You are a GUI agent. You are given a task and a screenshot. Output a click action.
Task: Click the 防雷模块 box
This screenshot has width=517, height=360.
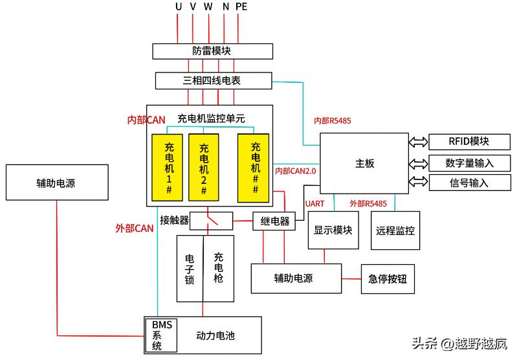tap(212, 51)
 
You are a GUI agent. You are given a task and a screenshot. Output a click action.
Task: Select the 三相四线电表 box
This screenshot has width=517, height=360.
tap(213, 81)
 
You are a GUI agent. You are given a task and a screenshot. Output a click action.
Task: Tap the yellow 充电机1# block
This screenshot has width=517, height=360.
tap(168, 167)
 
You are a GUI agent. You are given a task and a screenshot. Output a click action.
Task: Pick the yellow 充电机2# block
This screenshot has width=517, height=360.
tap(204, 167)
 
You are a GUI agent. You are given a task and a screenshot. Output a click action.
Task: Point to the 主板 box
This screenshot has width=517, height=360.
tap(364, 164)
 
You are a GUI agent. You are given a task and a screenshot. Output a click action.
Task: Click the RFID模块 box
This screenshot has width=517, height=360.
tap(468, 142)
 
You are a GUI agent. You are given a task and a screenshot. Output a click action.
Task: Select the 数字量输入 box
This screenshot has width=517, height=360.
tap(468, 163)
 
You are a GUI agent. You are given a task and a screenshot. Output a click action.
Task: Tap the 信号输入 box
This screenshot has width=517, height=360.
tap(468, 183)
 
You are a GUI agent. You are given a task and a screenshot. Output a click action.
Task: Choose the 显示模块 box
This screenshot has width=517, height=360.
tap(333, 230)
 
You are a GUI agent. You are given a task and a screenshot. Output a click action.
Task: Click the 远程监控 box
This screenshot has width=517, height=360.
tap(395, 231)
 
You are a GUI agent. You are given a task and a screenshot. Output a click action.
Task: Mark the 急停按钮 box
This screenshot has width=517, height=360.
tap(387, 279)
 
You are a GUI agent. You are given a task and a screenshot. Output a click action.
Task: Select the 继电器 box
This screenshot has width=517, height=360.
tap(274, 221)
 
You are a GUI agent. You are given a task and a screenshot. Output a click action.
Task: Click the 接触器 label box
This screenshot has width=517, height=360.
tap(175, 221)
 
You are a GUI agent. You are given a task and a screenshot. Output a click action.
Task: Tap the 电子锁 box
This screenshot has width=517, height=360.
tap(190, 268)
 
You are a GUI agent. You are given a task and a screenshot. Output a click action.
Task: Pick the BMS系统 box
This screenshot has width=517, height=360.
tap(160, 335)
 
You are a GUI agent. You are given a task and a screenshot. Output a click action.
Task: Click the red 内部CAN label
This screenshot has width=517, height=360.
tap(146, 120)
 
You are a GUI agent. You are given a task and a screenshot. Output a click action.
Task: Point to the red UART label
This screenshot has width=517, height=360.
tap(314, 204)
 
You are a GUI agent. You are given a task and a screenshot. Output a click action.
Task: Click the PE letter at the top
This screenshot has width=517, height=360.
tap(241, 7)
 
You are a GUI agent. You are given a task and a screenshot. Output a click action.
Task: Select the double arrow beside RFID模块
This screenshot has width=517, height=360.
tap(418, 142)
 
